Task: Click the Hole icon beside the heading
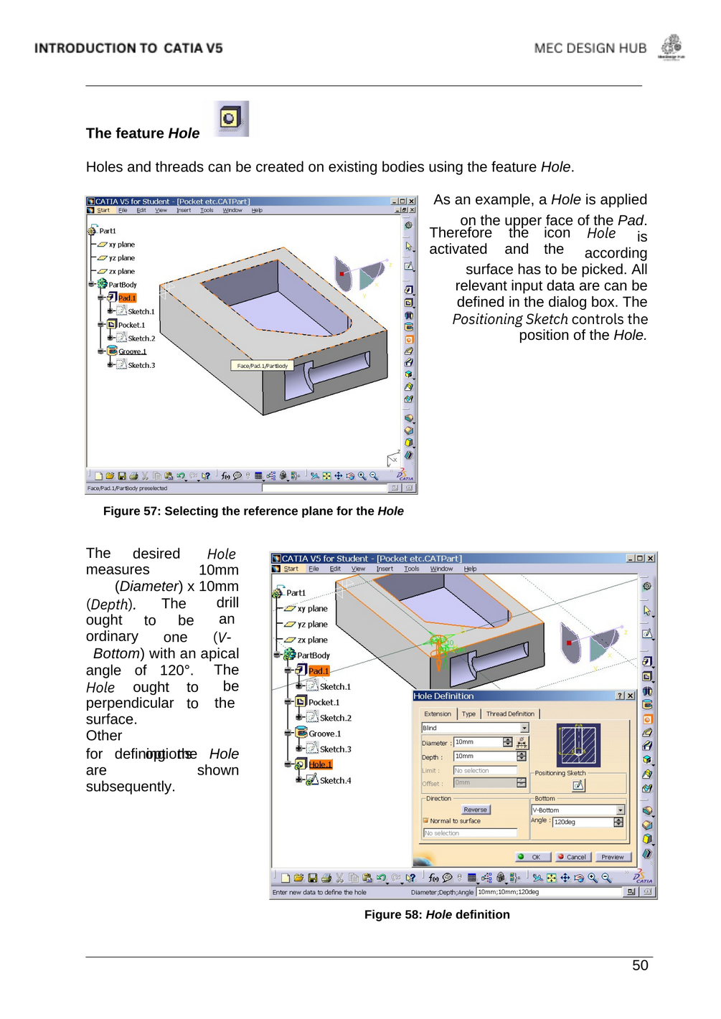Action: pos(230,118)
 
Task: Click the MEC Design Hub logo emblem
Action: pos(671,47)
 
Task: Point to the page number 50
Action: pos(640,965)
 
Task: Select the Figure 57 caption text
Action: pos(253,511)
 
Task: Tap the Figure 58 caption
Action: pos(437,914)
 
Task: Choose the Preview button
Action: pos(612,857)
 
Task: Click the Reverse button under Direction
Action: pos(475,810)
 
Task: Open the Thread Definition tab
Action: pos(510,714)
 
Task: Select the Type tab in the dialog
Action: pos(468,714)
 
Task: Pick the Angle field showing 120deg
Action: pos(582,822)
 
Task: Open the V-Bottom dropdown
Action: pos(621,810)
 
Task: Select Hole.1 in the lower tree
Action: pos(320,764)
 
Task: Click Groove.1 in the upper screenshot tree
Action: pos(132,351)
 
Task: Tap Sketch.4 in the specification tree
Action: pos(335,780)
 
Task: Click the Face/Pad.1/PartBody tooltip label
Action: pos(262,366)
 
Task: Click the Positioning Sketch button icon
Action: pos(578,785)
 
